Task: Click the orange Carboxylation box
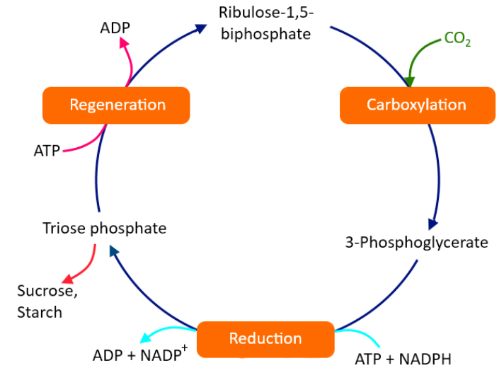pyautogui.click(x=416, y=105)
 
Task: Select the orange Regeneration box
pyautogui.click(x=117, y=105)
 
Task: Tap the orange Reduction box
pyautogui.click(x=265, y=338)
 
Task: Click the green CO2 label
pyautogui.click(x=457, y=40)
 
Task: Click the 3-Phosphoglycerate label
pyautogui.click(x=416, y=243)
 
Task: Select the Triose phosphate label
pyautogui.click(x=105, y=228)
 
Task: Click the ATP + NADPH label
pyautogui.click(x=403, y=359)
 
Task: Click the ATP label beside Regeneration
pyautogui.click(x=47, y=150)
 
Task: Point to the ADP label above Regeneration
pyautogui.click(x=115, y=28)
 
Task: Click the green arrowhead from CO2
pyautogui.click(x=410, y=79)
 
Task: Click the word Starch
pyautogui.click(x=40, y=312)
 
